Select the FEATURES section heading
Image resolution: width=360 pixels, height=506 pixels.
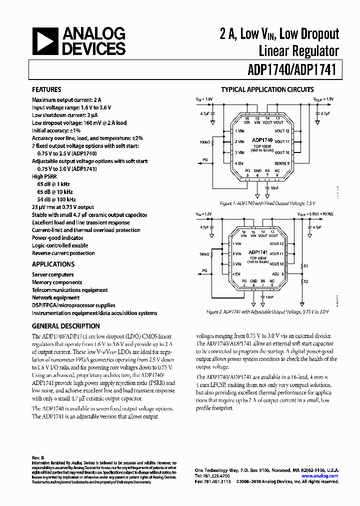(46, 90)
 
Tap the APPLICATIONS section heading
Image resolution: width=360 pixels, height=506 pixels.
(53, 264)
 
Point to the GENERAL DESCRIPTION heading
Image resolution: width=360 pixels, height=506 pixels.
(65, 326)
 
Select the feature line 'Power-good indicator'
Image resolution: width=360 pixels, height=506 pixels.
(57, 238)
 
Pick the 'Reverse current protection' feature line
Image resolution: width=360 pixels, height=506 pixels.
(63, 253)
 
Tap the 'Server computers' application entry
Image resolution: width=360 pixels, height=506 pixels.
(52, 275)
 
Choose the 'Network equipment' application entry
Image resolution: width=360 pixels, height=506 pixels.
(55, 297)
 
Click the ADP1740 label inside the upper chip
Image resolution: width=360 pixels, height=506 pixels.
(262, 140)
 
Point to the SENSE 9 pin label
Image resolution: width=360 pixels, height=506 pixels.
(282, 163)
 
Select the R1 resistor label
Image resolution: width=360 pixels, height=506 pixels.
(306, 266)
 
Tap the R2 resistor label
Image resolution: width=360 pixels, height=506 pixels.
(306, 282)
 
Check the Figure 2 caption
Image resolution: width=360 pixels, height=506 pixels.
(267, 312)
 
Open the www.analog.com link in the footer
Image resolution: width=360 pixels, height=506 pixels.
(325, 476)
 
